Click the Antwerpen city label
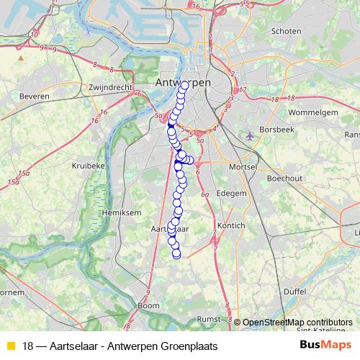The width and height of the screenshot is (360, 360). (183, 83)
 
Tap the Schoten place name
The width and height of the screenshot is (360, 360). (287, 32)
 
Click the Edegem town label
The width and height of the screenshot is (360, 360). (232, 193)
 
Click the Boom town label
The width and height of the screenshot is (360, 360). (148, 306)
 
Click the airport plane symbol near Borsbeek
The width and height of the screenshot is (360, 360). (250, 135)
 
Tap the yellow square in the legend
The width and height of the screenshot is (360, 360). (10, 346)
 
